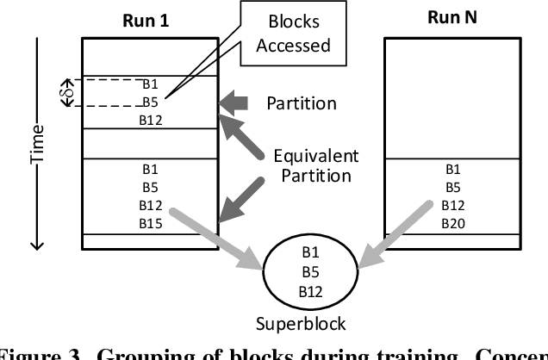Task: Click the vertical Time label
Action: [x=36, y=140]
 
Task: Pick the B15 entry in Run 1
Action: [x=150, y=222]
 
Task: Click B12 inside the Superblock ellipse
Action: [x=311, y=291]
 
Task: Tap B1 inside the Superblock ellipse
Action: [x=311, y=255]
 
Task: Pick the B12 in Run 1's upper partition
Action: [x=150, y=120]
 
